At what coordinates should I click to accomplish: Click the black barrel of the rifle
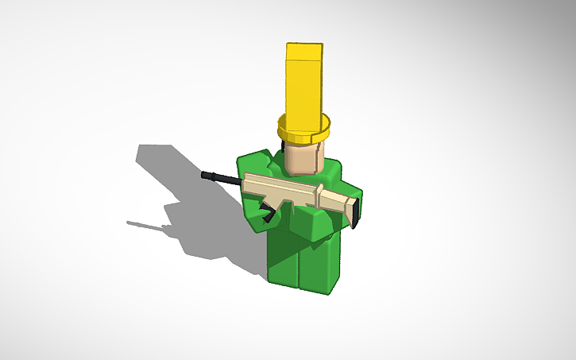click(x=222, y=177)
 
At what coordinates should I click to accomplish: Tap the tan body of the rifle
click(x=294, y=194)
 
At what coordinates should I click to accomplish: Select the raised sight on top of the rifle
click(x=319, y=189)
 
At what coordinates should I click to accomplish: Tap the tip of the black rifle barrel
click(x=205, y=173)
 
